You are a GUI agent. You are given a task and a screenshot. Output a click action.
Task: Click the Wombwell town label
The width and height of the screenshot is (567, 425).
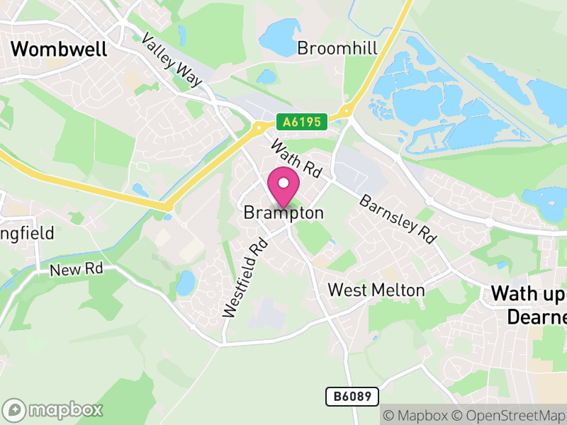tap(60, 49)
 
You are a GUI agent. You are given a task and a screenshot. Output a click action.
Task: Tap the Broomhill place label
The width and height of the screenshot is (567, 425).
tap(337, 48)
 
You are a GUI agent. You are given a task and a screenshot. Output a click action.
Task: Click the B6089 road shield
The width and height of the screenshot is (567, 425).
tap(352, 397)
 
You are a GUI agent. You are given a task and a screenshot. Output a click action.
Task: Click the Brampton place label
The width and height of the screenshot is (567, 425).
tap(283, 212)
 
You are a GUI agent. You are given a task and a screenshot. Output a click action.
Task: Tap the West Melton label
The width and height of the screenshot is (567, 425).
tap(376, 290)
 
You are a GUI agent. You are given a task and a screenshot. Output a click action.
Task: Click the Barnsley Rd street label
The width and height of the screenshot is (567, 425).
tap(397, 220)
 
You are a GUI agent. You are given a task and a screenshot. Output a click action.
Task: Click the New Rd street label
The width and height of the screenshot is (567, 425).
tap(77, 269)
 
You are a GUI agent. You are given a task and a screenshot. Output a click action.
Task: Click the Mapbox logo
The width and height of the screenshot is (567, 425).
tap(53, 409)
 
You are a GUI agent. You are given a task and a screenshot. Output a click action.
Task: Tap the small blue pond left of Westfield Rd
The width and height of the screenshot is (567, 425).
tap(186, 283)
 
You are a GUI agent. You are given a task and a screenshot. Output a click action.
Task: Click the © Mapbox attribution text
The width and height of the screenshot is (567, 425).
tap(419, 415)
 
